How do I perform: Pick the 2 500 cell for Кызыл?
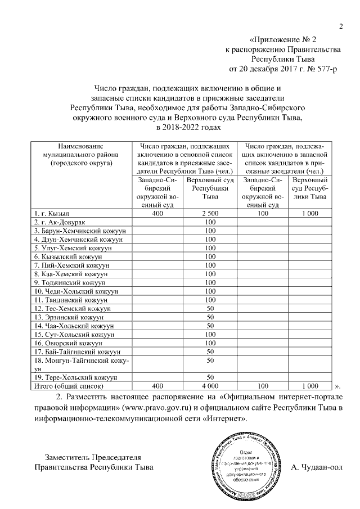(x=210, y=214)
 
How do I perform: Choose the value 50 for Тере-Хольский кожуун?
(x=210, y=377)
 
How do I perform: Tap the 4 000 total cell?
(x=210, y=386)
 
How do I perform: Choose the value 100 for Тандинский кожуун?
(x=210, y=300)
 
